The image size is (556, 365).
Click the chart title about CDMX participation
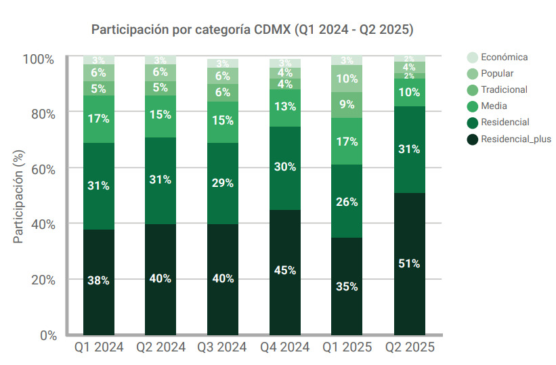click(x=253, y=30)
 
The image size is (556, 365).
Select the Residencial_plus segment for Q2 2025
click(x=409, y=263)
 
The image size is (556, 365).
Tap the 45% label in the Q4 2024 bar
click(x=285, y=270)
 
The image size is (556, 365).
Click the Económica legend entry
click(x=504, y=57)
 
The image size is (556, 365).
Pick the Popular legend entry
click(x=496, y=73)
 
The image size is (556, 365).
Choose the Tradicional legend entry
click(x=504, y=89)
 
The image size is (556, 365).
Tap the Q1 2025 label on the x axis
click(x=347, y=348)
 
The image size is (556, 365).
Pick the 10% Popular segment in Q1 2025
click(x=347, y=79)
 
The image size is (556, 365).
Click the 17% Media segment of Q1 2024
click(x=98, y=119)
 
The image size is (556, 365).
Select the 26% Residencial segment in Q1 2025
click(x=347, y=201)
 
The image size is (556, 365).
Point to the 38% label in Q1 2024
click(x=98, y=280)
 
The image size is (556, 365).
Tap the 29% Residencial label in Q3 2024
click(x=223, y=183)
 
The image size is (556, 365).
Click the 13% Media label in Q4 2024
click(x=285, y=106)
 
